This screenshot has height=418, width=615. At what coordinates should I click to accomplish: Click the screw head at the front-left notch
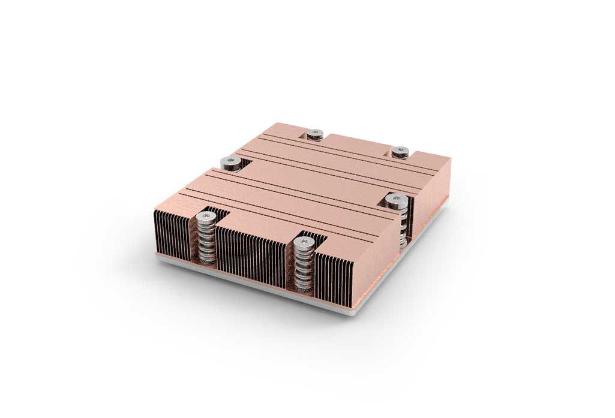(206, 215)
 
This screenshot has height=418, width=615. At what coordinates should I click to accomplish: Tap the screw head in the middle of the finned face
(304, 242)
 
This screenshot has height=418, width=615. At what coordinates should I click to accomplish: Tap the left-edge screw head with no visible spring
(229, 161)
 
